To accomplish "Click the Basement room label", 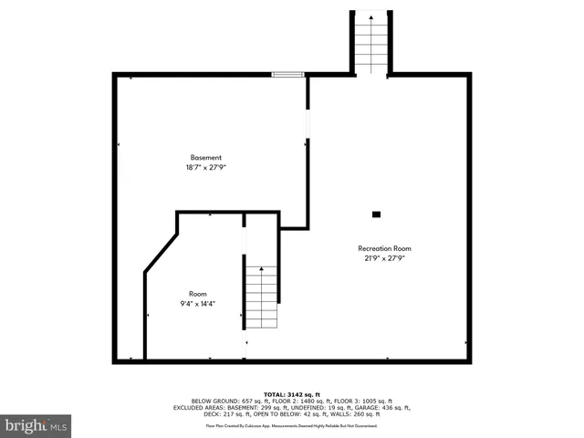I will [205, 157].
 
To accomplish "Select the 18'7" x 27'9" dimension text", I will [205, 167].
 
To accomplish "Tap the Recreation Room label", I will [383, 248].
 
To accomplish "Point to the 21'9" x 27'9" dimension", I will [383, 258].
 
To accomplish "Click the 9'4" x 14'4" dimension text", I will [198, 303].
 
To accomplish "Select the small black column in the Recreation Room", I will [376, 214].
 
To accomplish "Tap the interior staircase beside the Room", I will [261, 297].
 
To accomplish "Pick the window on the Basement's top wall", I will [288, 75].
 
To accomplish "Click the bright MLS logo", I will [36, 425].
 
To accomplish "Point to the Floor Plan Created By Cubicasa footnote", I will [292, 425].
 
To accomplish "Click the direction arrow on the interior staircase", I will [262, 272].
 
